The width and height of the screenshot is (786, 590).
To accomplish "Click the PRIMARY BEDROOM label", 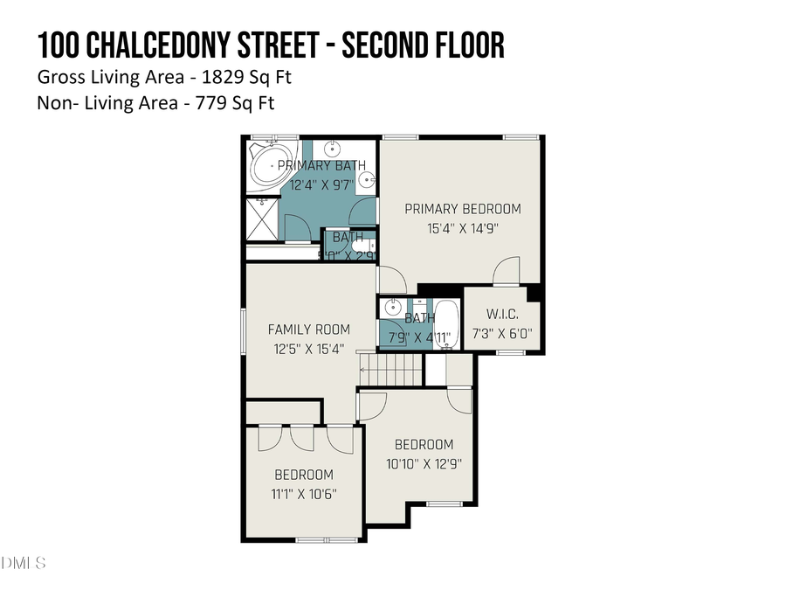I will coord(462,209).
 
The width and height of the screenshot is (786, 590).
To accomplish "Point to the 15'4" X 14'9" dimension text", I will coord(462,228).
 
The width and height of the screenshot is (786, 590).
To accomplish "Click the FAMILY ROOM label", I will coord(308,330).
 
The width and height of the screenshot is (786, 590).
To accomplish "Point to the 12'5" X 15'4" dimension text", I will coord(308,348).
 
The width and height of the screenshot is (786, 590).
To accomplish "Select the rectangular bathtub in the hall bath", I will coord(447,324).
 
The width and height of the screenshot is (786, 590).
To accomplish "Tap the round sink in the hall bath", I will coord(389,310).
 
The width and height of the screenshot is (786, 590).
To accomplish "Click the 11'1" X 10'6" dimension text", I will coord(304,493).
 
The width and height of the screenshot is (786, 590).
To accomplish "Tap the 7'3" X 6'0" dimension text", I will coord(502,334).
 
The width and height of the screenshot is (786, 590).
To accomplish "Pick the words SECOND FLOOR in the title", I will coord(423,45).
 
